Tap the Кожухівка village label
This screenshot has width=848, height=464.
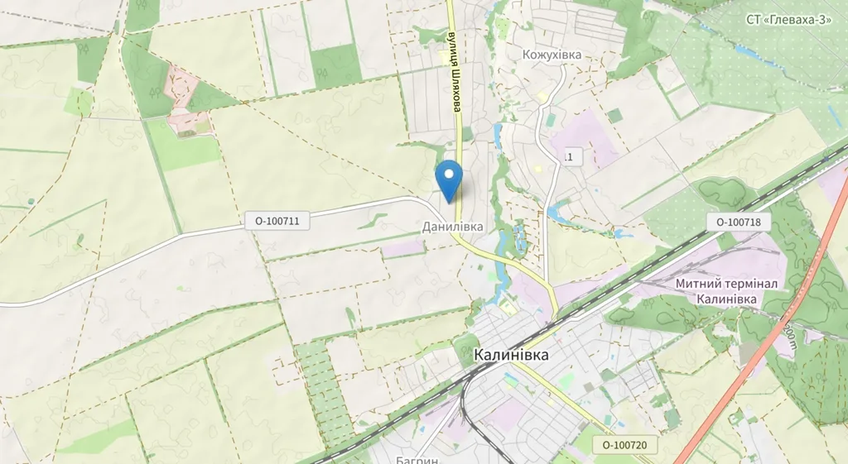click(x=552, y=55)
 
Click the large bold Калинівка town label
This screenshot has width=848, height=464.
click(x=511, y=355)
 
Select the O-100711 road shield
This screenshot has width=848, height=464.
click(x=277, y=221)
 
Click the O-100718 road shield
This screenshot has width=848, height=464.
click(x=739, y=222)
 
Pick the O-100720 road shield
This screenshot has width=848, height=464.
click(x=624, y=445)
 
